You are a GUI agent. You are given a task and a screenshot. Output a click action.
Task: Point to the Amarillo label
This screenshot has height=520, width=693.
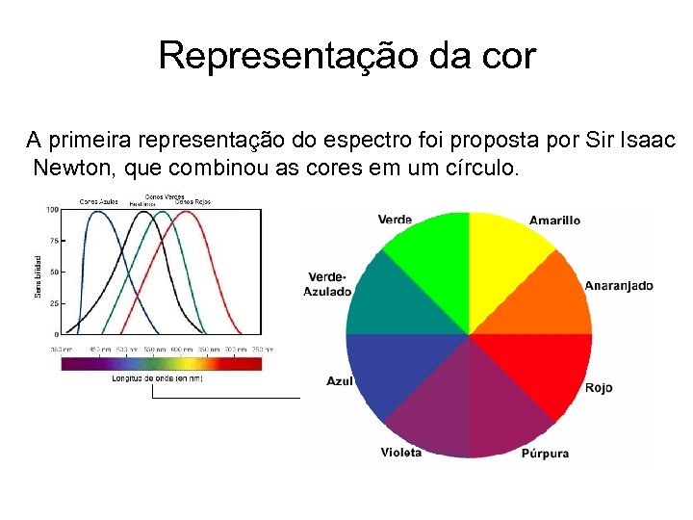pyautogui.click(x=554, y=221)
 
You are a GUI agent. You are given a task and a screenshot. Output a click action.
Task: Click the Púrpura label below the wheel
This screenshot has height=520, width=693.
pyautogui.click(x=545, y=454)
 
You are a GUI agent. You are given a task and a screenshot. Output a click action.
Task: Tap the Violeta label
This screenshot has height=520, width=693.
pyautogui.click(x=400, y=453)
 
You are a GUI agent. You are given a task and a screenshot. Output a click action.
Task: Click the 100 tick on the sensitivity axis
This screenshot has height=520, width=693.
pyautogui.click(x=52, y=209)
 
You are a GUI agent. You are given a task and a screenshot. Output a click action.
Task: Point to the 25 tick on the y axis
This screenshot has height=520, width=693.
pyautogui.click(x=54, y=303)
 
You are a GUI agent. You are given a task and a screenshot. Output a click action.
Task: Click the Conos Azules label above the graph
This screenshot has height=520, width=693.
pyautogui.click(x=98, y=201)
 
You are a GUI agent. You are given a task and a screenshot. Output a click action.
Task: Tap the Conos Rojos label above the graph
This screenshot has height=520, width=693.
pyautogui.click(x=192, y=201)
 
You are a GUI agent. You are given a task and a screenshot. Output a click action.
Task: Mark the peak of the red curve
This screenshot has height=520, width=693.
pyautogui.click(x=189, y=211)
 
